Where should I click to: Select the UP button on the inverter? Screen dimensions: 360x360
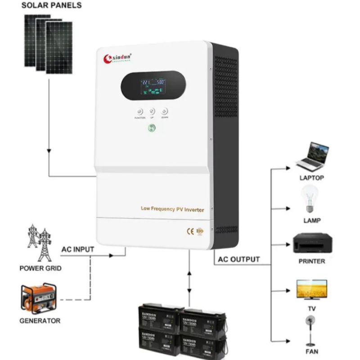(x=152, y=111)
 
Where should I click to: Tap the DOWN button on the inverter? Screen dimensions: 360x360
(x=165, y=111)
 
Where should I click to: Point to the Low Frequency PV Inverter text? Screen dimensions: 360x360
(x=172, y=209)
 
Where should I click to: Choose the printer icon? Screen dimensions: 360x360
(x=311, y=243)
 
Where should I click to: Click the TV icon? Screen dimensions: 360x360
(x=311, y=288)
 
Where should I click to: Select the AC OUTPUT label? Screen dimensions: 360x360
(x=239, y=259)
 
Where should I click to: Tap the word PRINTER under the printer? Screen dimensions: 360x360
(x=311, y=261)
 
